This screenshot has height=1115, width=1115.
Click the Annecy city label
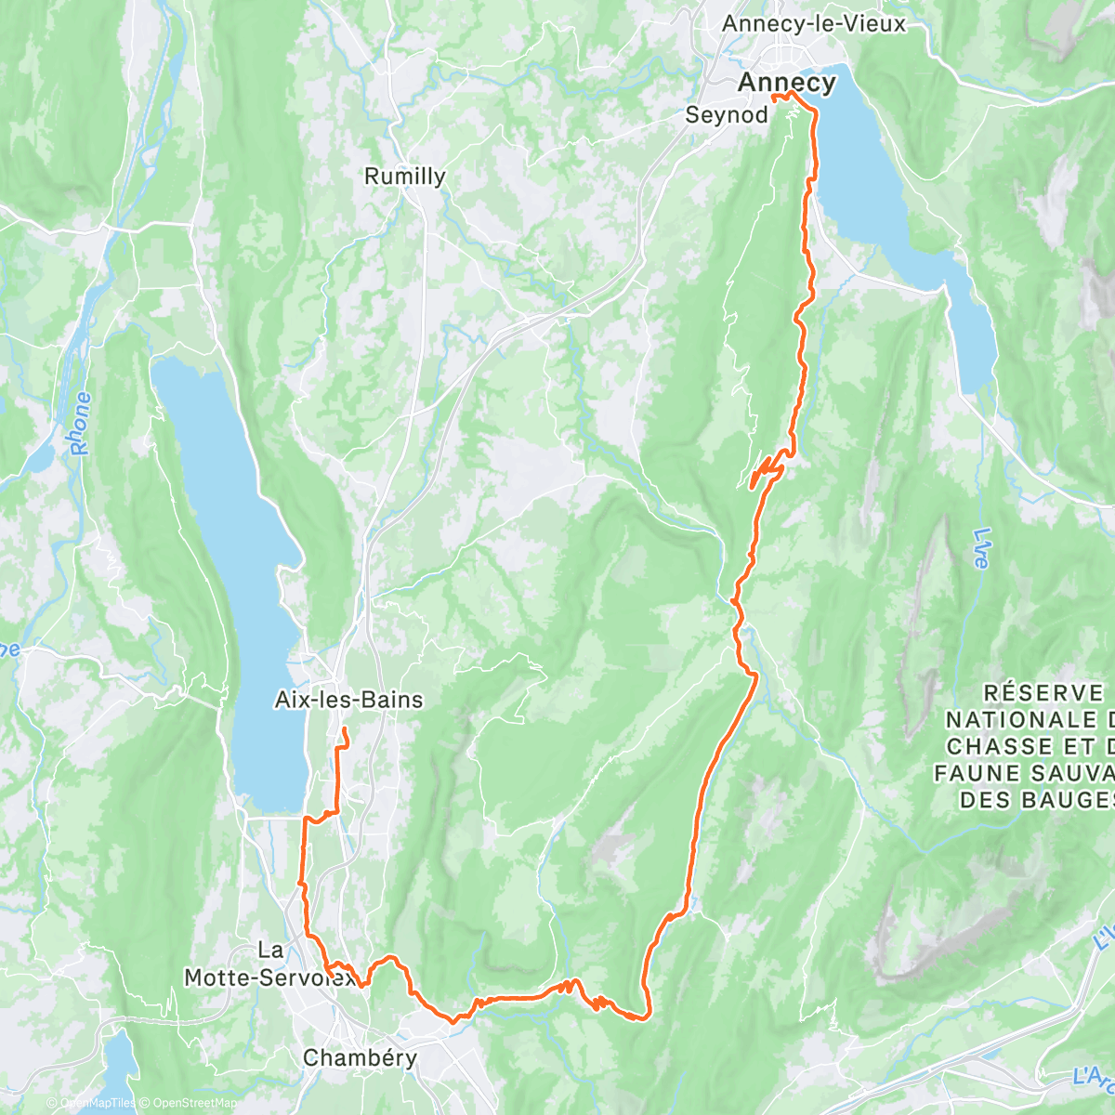click(786, 83)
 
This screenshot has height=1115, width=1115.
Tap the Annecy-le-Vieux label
click(813, 24)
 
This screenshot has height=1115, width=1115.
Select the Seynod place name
click(727, 115)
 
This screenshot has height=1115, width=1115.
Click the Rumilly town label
click(404, 177)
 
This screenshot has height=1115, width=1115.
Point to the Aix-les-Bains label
click(349, 700)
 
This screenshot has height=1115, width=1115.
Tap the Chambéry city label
click(360, 1057)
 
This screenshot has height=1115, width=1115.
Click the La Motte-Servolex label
click(269, 964)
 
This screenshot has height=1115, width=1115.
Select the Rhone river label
click(82, 424)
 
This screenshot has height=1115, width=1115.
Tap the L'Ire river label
click(983, 548)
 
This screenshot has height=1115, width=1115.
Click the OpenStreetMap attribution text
click(190, 1103)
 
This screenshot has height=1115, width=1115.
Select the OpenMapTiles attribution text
click(98, 1103)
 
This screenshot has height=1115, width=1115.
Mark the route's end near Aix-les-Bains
click(345, 729)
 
